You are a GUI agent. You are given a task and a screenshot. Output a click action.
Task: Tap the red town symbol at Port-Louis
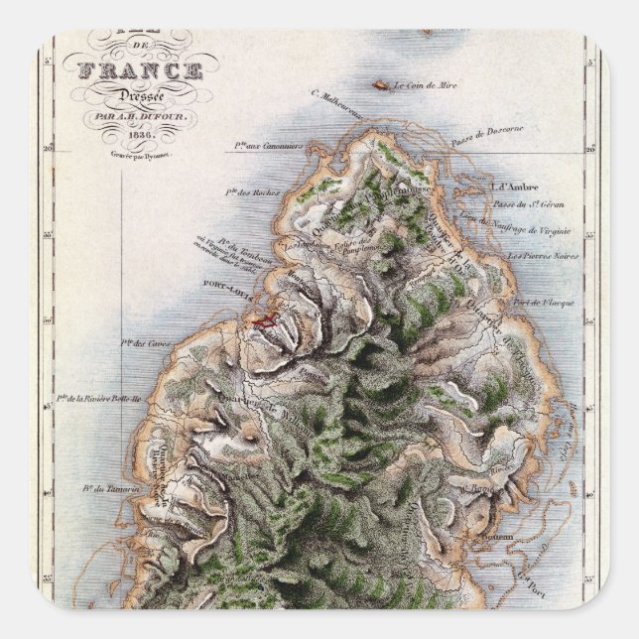tap(264, 319)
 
